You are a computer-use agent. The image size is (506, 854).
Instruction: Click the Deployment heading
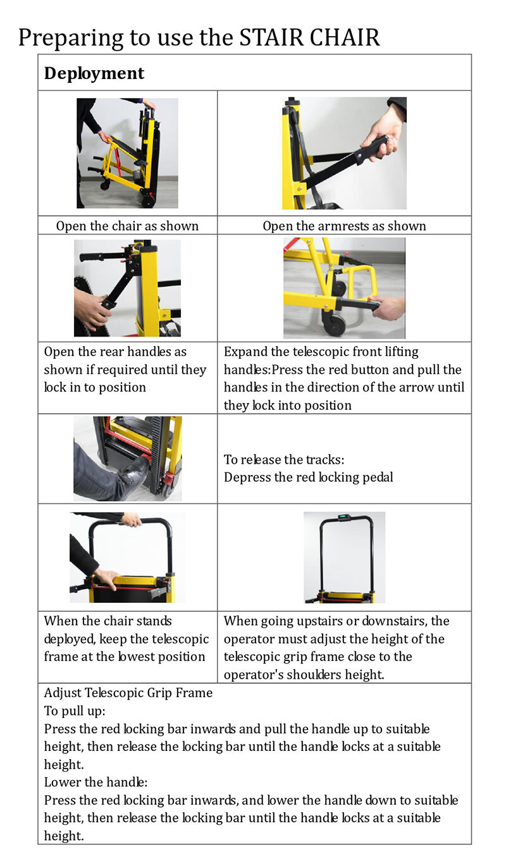(94, 73)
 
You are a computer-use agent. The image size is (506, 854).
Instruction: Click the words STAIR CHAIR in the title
(309, 37)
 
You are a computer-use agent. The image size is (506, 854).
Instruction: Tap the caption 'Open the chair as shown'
(127, 226)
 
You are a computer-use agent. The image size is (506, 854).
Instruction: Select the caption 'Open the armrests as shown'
(344, 226)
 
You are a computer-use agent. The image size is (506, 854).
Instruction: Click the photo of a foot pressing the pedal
(128, 459)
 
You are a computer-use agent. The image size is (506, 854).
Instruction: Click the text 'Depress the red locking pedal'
(308, 477)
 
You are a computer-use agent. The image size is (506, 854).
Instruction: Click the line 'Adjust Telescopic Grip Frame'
(128, 693)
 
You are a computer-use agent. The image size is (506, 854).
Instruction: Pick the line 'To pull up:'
(75, 710)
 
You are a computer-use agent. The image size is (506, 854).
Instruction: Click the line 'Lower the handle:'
(96, 782)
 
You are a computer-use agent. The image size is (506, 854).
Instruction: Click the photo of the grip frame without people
(344, 557)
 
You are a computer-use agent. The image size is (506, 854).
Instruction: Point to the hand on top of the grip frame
(131, 519)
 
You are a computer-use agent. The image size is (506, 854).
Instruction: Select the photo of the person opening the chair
(127, 153)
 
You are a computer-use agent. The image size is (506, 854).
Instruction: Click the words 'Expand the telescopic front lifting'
(321, 352)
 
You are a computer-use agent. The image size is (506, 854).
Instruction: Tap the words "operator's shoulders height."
(304, 674)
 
